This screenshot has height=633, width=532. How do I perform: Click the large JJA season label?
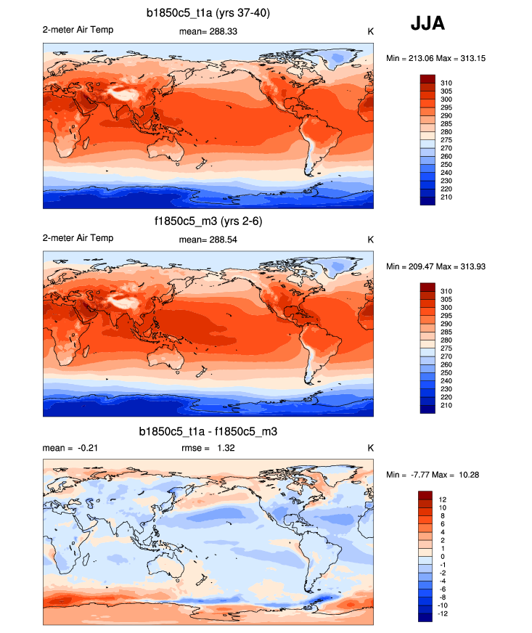427,24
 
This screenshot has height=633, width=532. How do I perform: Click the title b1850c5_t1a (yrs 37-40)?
208,12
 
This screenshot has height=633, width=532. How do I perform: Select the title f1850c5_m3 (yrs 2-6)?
208,221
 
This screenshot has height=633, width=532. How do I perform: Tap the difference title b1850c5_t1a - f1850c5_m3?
208,431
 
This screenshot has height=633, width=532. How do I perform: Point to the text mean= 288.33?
208,31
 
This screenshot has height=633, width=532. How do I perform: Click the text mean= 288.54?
208,239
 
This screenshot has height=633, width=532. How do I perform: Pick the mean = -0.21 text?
70,448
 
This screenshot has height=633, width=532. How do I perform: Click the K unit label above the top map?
370,31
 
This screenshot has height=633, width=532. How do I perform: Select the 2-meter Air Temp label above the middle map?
78,238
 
